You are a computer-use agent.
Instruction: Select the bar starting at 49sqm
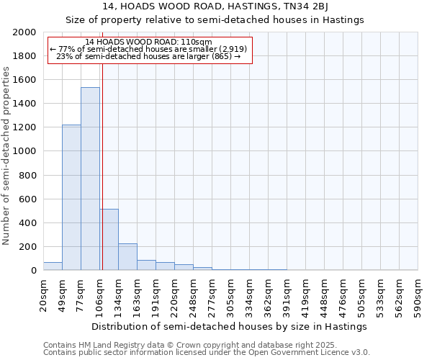71,197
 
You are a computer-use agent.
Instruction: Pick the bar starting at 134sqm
127,256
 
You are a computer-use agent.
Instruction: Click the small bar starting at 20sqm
53,266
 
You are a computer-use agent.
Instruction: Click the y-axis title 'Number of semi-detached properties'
6,155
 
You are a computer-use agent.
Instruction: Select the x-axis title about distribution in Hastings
230,326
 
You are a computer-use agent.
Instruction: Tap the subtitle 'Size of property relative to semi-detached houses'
215,20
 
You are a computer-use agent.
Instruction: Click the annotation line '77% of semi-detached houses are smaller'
148,49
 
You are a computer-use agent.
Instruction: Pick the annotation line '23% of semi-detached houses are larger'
148,56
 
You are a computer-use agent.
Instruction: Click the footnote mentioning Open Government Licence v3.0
207,353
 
